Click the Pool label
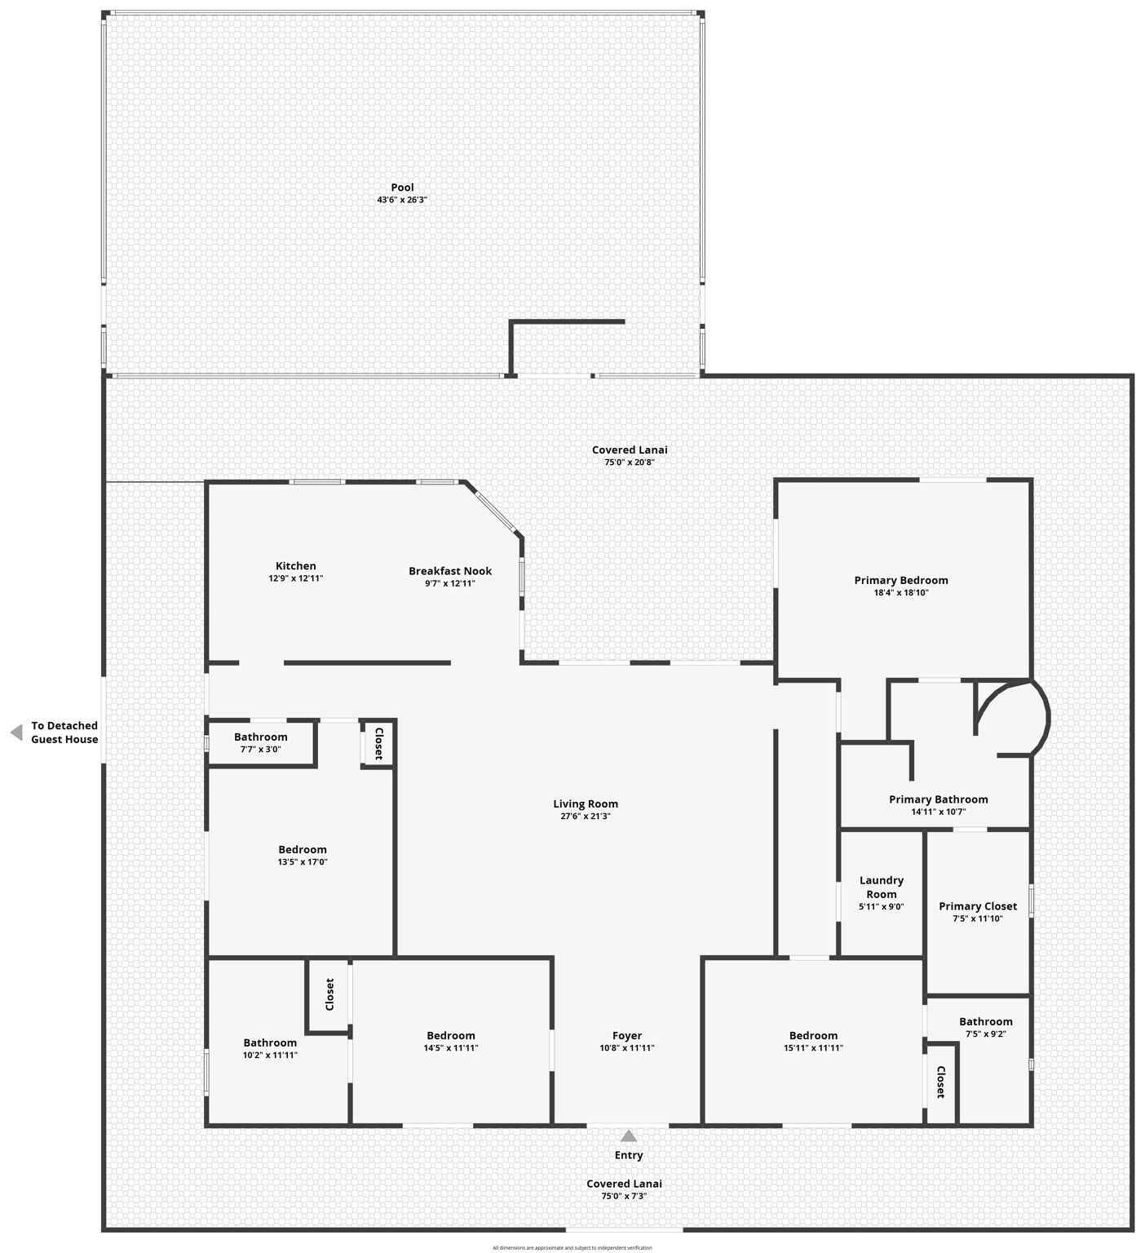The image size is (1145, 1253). [402, 188]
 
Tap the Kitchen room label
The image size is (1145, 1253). [295, 566]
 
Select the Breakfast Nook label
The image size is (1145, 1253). [450, 571]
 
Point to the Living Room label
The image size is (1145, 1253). [586, 804]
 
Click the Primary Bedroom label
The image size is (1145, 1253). [901, 581]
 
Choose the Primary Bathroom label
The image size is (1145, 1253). [938, 799]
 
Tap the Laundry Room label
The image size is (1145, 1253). [882, 887]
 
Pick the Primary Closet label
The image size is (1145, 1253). [978, 906]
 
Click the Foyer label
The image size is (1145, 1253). [627, 1036]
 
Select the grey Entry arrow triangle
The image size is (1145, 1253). [629, 1136]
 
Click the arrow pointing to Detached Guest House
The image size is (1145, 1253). [16, 733]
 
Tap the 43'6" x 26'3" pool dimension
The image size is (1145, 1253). [402, 200]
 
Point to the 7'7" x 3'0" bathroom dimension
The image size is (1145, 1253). [261, 749]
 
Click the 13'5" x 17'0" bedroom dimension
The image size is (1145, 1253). [303, 862]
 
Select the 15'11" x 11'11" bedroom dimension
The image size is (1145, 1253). [813, 1048]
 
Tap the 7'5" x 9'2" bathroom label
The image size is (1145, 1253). [986, 1022]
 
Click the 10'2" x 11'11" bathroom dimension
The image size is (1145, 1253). [270, 1056]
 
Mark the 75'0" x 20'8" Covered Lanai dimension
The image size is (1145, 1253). [630, 463]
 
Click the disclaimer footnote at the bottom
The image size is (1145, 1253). [572, 1247]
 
